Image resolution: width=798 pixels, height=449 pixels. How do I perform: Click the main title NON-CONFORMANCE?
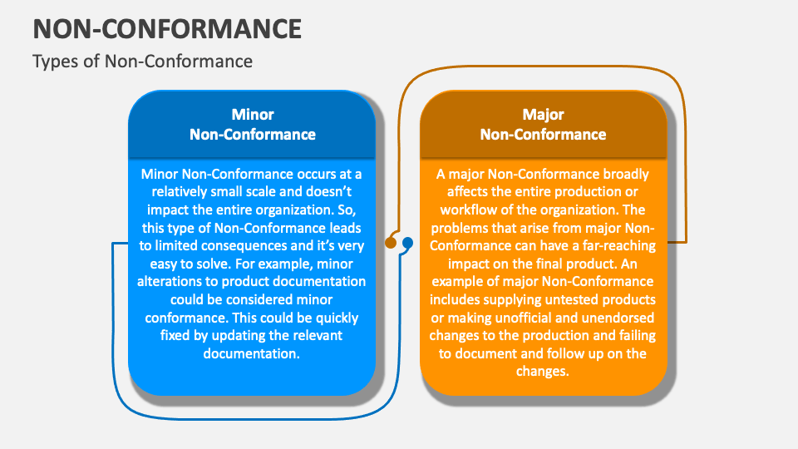tap(167, 28)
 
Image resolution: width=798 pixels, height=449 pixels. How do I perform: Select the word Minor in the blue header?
tap(253, 115)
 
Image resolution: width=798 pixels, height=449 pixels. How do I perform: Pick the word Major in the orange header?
tap(543, 115)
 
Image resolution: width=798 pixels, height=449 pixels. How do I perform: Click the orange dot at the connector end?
tap(391, 243)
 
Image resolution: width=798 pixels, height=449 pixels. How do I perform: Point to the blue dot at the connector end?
tap(407, 243)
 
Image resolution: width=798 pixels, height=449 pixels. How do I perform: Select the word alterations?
tap(171, 282)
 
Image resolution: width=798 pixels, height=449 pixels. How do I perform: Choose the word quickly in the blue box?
tap(337, 318)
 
